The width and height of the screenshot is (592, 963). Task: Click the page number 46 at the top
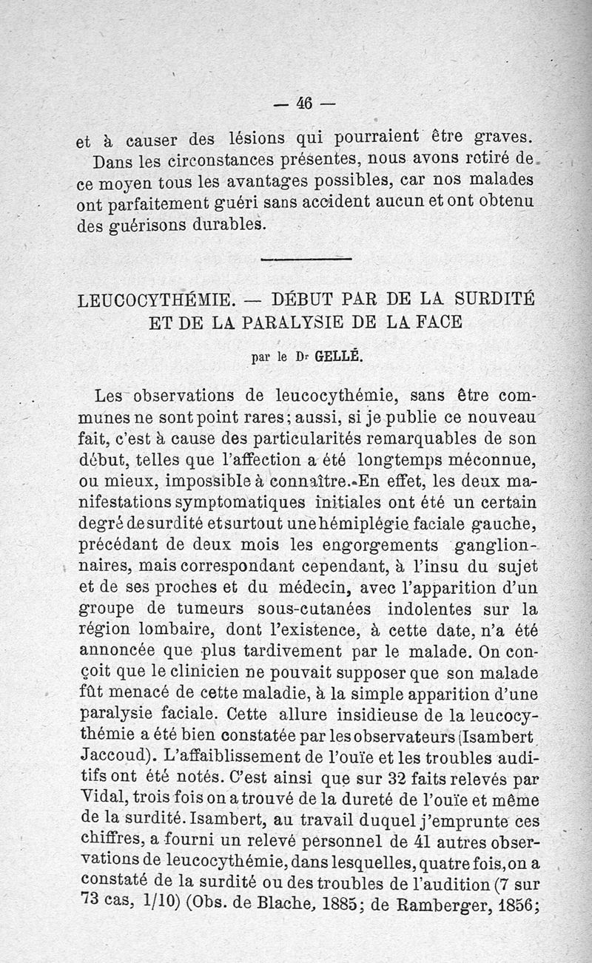304,104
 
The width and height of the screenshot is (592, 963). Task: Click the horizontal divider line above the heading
306,258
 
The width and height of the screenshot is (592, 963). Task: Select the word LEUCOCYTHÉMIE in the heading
157,300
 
